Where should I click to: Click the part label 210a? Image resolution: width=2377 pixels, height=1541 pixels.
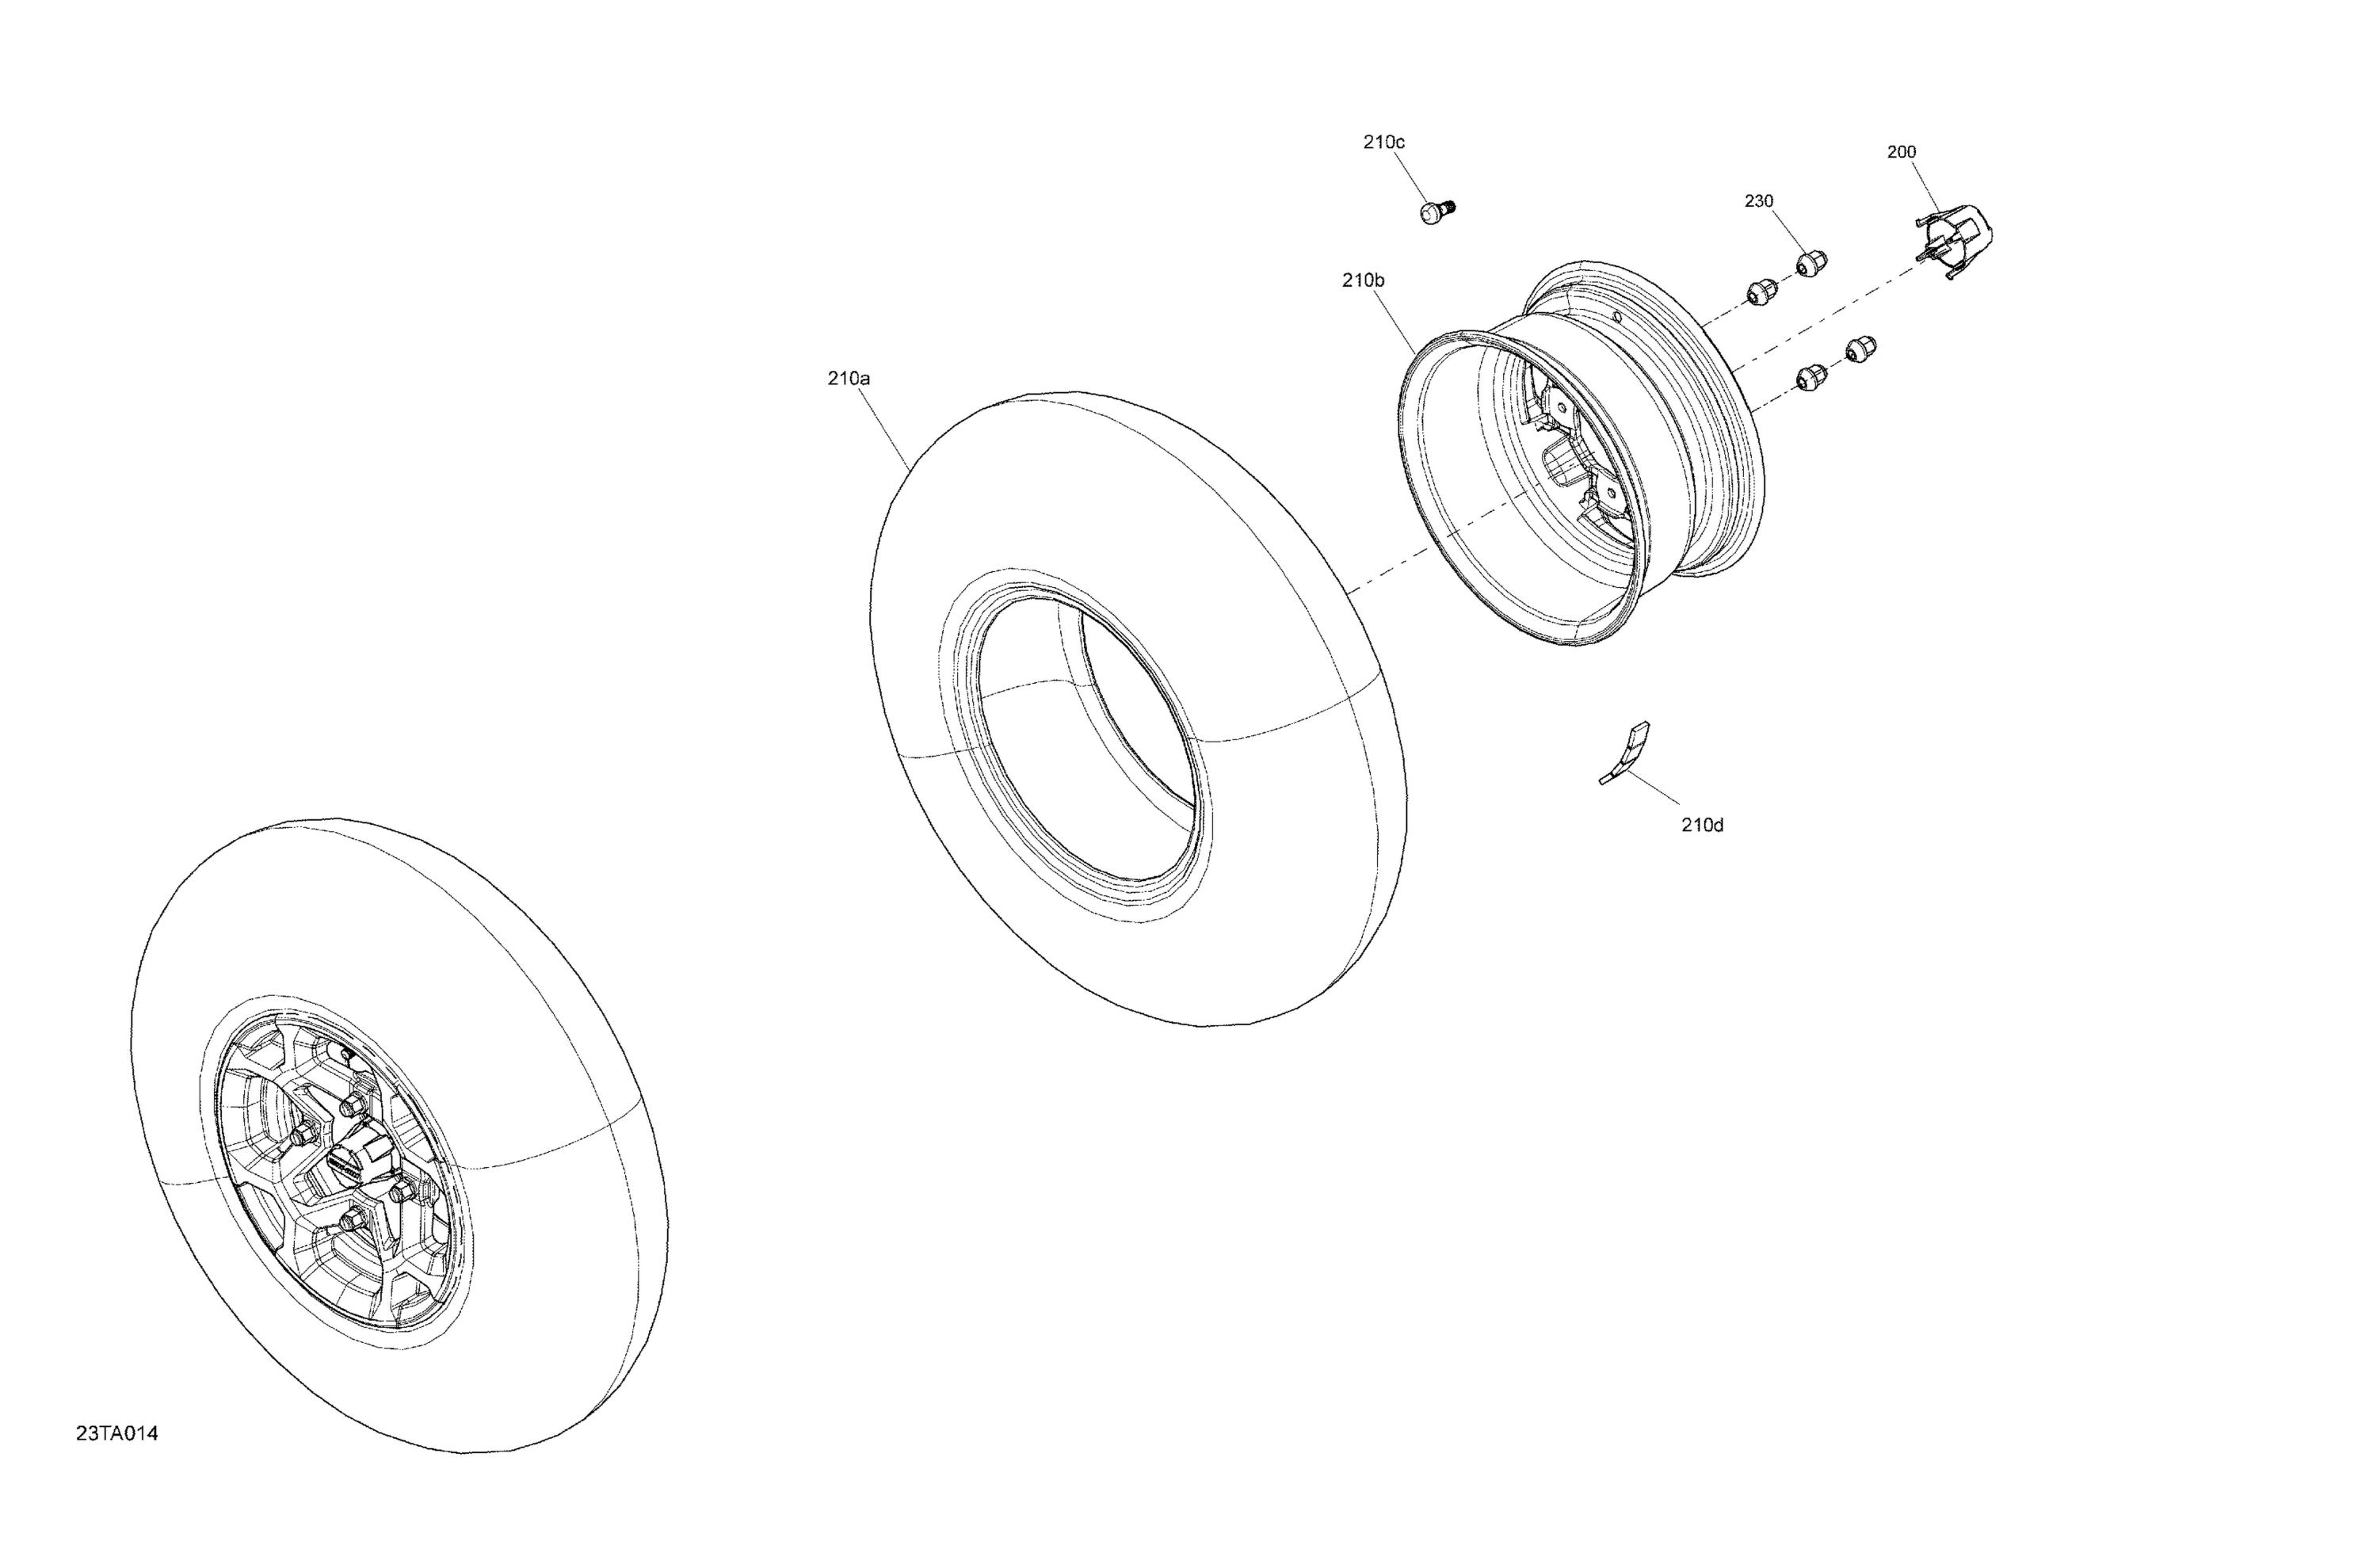(848, 379)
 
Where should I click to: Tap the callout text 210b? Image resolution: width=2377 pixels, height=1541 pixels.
(1364, 280)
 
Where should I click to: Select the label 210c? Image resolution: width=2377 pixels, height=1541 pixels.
(1384, 142)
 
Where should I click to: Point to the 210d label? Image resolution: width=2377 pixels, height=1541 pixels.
(1703, 825)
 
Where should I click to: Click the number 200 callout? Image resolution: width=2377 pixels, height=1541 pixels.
(1902, 152)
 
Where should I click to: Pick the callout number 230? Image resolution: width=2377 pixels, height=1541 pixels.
(1759, 200)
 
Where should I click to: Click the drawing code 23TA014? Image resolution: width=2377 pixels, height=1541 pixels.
(116, 1434)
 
